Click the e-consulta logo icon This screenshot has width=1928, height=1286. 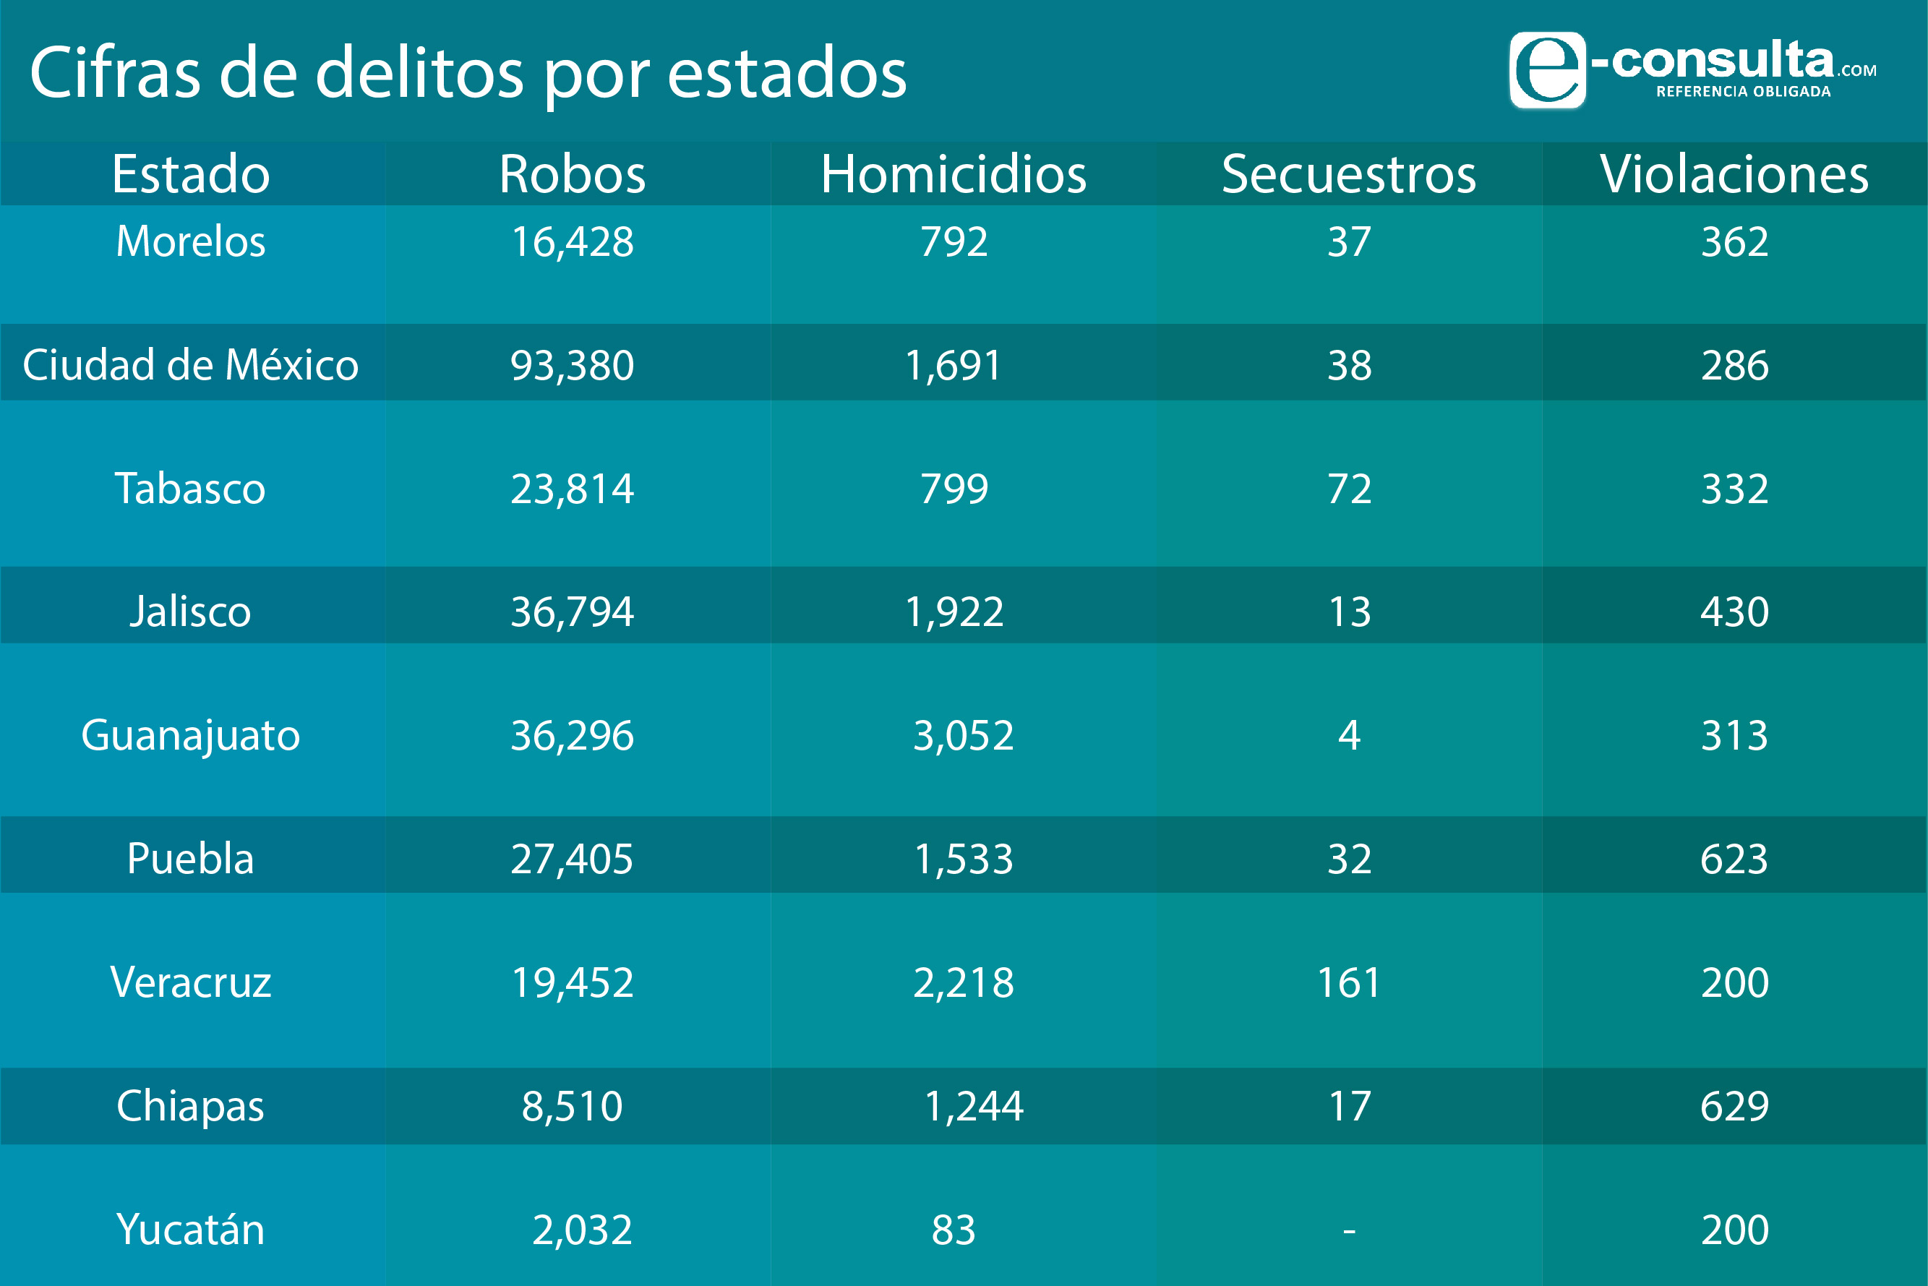[1548, 69]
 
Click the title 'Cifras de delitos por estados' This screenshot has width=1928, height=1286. [468, 73]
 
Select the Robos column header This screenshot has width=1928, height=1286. [573, 174]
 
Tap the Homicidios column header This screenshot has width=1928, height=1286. [954, 174]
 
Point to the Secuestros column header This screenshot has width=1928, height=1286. [1349, 174]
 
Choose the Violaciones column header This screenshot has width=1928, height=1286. [1734, 174]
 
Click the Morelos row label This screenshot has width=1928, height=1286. [190, 241]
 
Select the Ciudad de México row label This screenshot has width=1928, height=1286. [190, 365]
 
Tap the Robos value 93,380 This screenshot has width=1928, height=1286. [573, 365]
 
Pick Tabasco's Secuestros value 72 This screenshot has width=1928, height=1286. [1349, 489]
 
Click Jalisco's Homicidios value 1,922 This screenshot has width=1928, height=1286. [954, 612]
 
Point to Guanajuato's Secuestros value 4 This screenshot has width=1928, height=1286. [1349, 735]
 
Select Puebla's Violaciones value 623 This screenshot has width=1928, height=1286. [1734, 859]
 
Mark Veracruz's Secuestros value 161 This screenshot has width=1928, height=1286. [1349, 982]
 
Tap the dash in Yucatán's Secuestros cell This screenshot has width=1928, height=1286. [1349, 1230]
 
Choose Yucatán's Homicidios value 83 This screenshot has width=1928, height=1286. [954, 1230]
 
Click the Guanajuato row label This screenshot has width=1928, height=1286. [190, 735]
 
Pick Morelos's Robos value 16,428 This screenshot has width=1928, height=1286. [573, 241]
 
